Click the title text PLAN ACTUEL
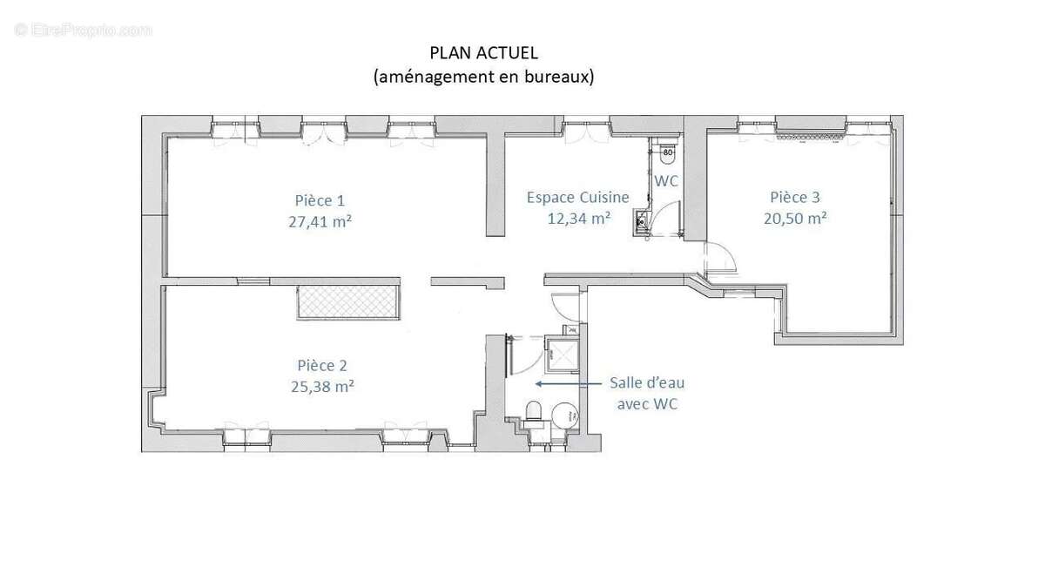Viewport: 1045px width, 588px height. pos(483,54)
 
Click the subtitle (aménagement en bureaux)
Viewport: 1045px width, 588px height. pos(483,77)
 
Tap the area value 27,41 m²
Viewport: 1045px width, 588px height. pos(320,220)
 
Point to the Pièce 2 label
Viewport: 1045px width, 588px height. pos(322,365)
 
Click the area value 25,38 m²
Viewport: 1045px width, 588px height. pos(322,386)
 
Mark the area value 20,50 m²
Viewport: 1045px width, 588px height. pos(794,219)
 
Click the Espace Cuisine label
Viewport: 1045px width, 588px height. pos(577,198)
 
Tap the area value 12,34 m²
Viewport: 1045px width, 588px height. pos(577,218)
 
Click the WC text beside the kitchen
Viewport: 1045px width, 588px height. pos(666,181)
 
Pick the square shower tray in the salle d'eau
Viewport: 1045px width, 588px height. pos(561,353)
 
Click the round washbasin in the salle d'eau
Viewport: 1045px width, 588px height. pos(564,413)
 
